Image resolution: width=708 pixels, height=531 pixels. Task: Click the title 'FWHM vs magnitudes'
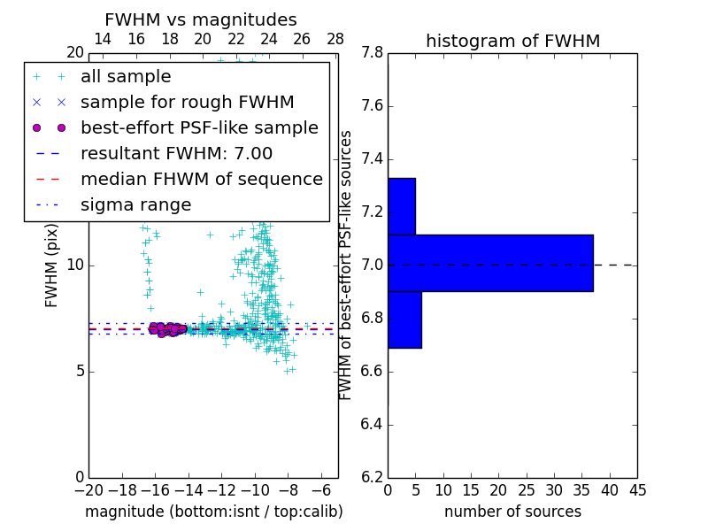pyautogui.click(x=201, y=20)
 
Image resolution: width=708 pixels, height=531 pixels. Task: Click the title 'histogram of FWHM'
pyautogui.click(x=512, y=41)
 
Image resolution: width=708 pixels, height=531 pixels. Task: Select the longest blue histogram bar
pyautogui.click(x=490, y=263)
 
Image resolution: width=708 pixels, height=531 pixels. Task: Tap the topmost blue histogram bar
pyautogui.click(x=402, y=206)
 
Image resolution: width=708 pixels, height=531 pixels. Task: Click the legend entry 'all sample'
pyautogui.click(x=126, y=77)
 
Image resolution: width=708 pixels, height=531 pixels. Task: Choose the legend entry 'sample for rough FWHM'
pyautogui.click(x=187, y=103)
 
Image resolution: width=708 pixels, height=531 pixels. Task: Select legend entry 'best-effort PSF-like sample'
pyautogui.click(x=199, y=127)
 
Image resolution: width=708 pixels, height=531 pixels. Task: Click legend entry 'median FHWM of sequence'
pyautogui.click(x=201, y=179)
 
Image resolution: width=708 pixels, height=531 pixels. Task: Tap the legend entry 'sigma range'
pyautogui.click(x=135, y=204)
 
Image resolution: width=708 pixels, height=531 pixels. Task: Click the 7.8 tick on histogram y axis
pyautogui.click(x=372, y=53)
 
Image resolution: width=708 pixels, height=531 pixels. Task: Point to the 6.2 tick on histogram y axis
pyautogui.click(x=372, y=477)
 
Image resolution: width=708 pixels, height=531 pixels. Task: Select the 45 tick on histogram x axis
pyautogui.click(x=637, y=490)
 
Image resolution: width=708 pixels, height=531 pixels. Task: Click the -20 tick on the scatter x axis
pyautogui.click(x=88, y=490)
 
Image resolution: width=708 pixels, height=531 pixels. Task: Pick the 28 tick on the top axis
pyautogui.click(x=335, y=39)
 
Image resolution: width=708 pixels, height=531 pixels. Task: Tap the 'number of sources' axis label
pyautogui.click(x=512, y=512)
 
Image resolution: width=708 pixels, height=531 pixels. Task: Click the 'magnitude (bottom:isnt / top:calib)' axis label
pyautogui.click(x=214, y=512)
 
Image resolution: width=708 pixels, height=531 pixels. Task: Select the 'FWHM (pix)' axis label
pyautogui.click(x=52, y=265)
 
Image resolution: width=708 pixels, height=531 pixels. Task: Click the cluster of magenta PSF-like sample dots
pyautogui.click(x=165, y=328)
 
